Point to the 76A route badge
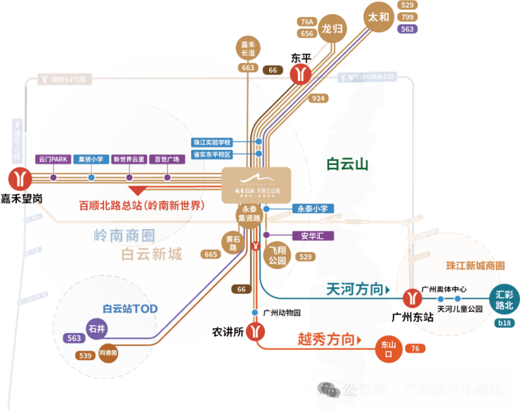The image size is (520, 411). coord(306,22)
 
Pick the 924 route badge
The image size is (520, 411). coord(318,98)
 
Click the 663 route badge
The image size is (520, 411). coord(247,67)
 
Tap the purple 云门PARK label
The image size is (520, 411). coord(53,159)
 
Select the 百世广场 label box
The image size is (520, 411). coord(167,159)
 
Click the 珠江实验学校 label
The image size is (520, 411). coord(221,142)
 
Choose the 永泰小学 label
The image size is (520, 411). coord(312,209)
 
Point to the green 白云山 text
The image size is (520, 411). coord(347,164)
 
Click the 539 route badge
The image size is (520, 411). coord(86,356)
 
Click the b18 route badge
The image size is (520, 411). coord(504,323)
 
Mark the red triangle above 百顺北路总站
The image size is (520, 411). coord(136,189)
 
